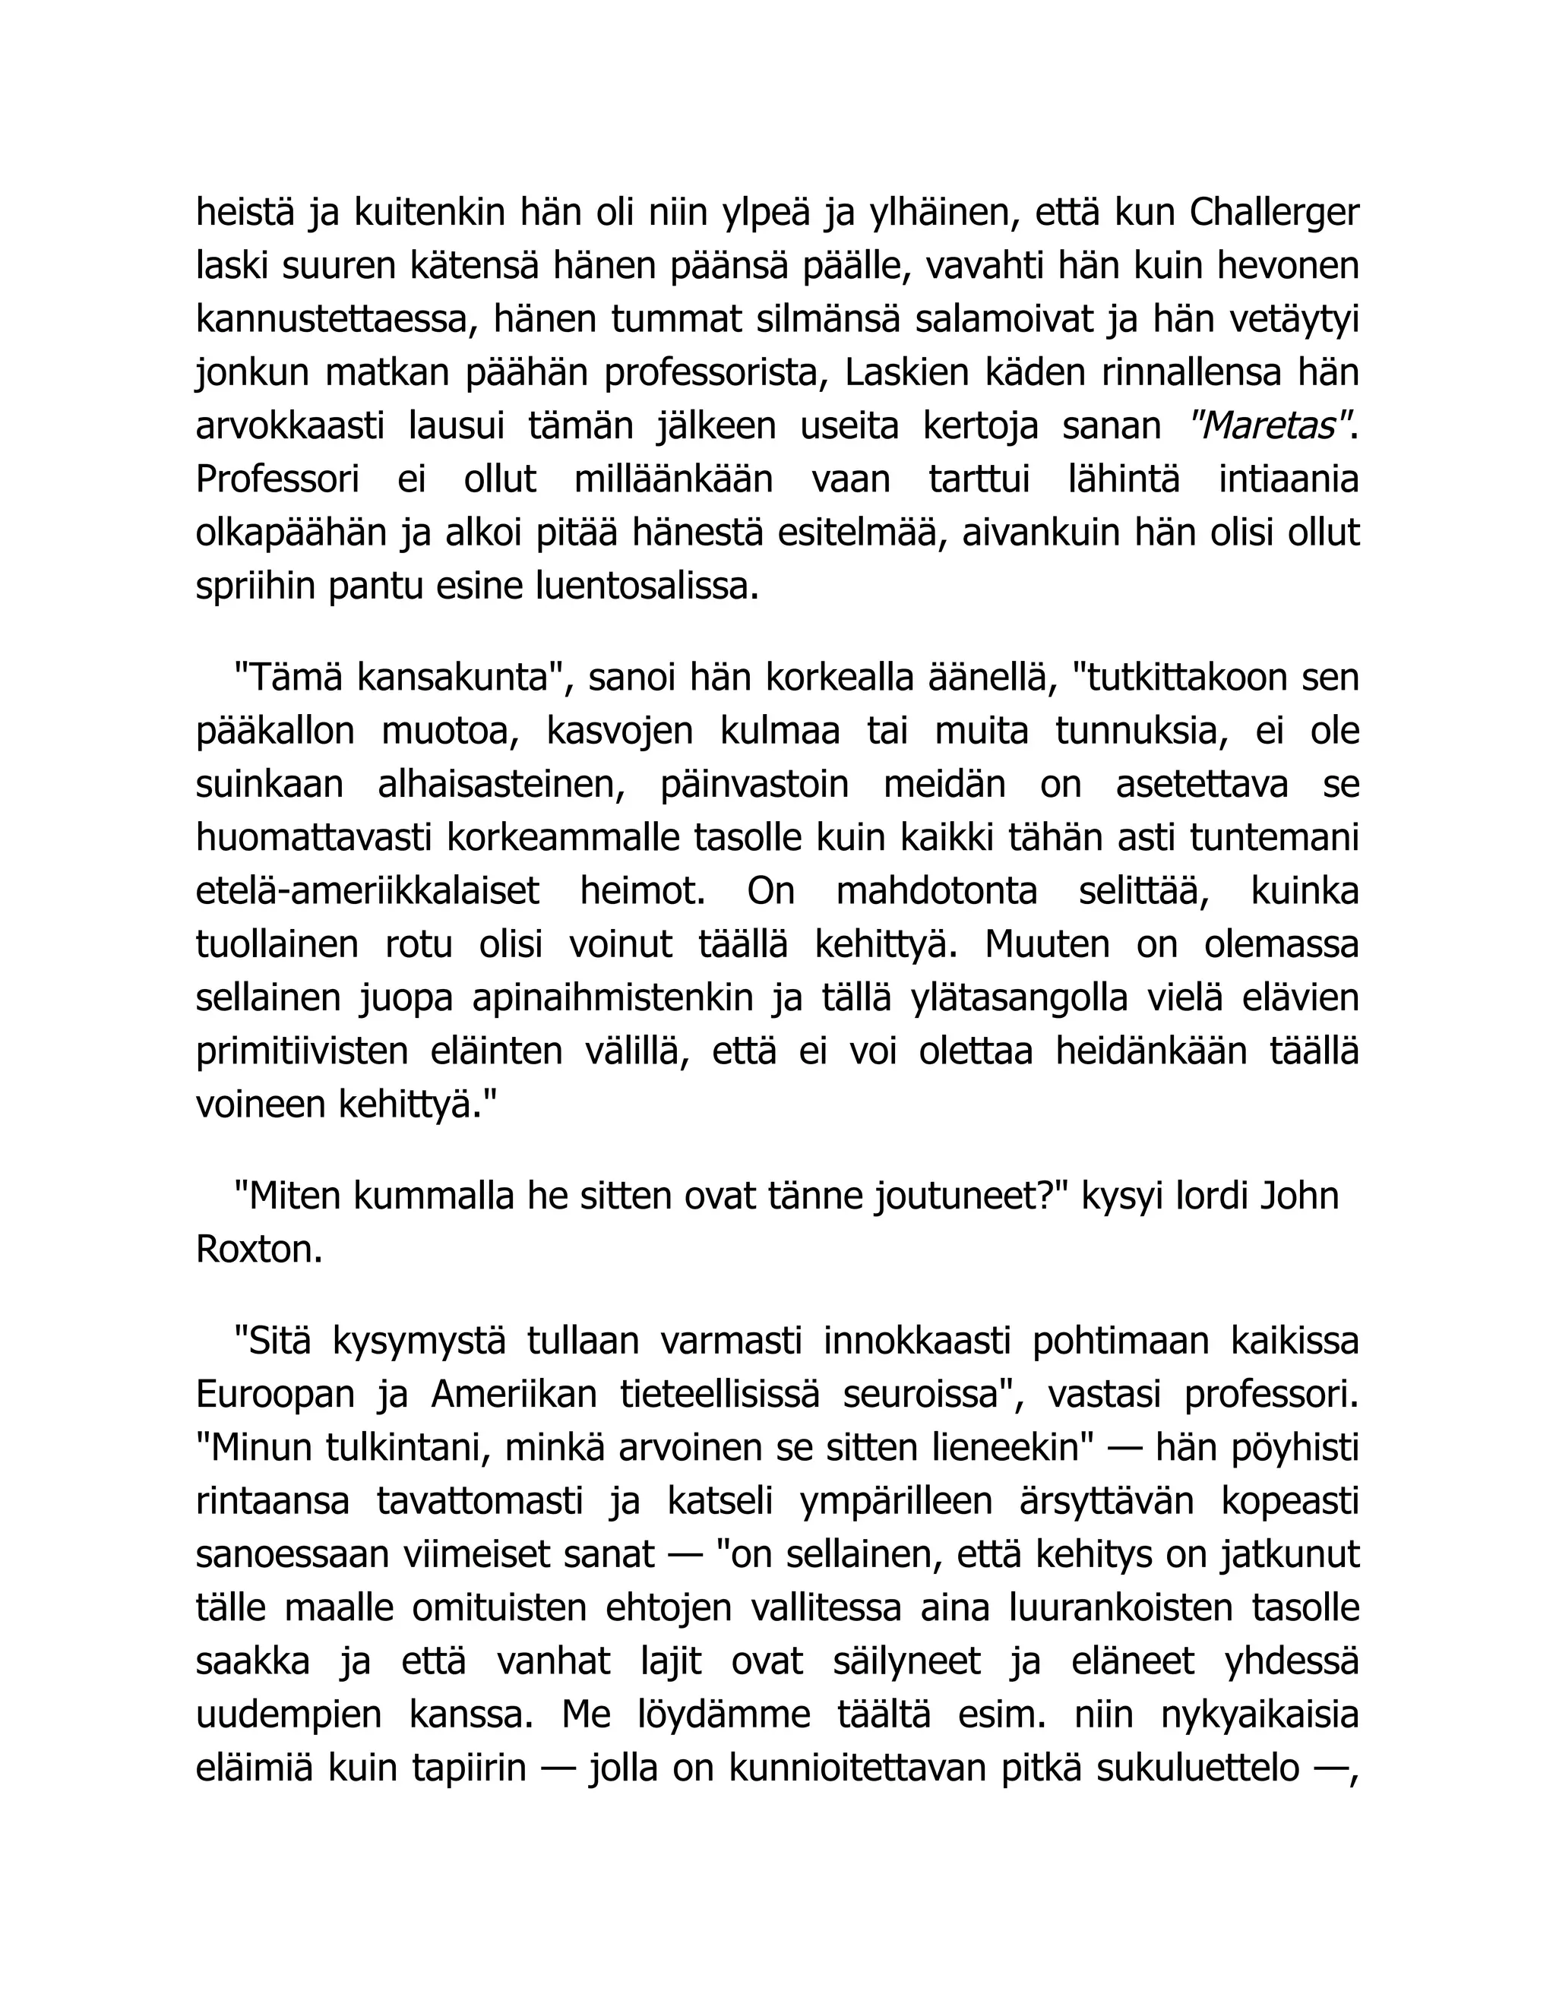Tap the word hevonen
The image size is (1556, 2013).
pyautogui.click(x=1288, y=267)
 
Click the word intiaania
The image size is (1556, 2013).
pyautogui.click(x=1289, y=480)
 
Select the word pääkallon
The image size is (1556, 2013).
pyautogui.click(x=275, y=732)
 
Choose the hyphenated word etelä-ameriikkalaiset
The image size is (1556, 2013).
pyautogui.click(x=368, y=893)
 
